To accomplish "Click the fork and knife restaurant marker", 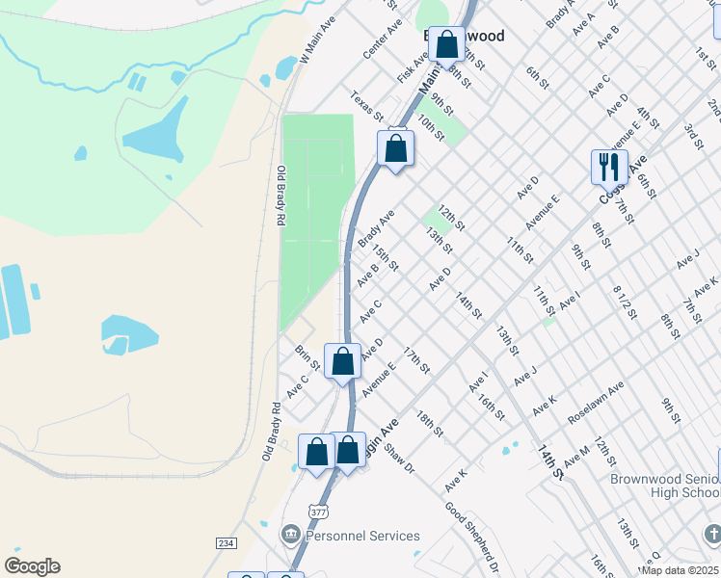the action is [609, 167].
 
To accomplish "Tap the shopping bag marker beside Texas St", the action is [395, 149].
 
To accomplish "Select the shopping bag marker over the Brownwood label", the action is [446, 44].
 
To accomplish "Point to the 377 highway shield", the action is [319, 511].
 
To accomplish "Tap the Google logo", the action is [32, 566].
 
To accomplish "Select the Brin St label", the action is [307, 357].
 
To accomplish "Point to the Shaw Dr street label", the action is [398, 459].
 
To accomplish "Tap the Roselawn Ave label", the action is [595, 397].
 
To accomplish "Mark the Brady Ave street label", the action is [376, 229].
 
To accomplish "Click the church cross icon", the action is [711, 535].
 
